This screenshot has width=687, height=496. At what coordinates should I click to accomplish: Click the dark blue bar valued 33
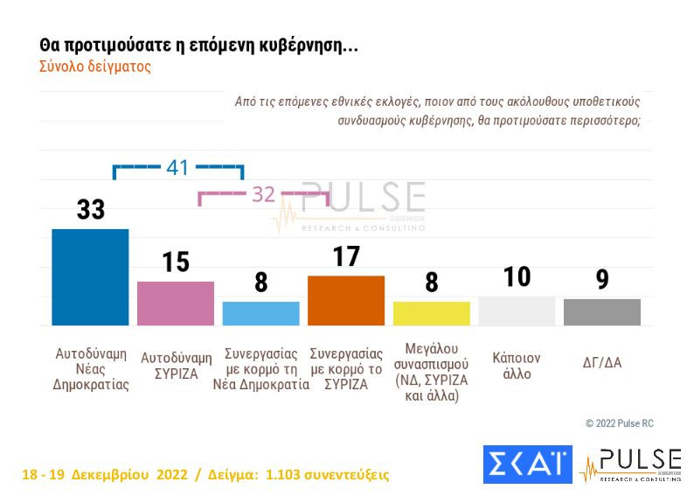pyautogui.click(x=90, y=276)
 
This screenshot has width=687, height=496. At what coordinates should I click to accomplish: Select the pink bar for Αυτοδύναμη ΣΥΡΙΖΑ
pyautogui.click(x=176, y=303)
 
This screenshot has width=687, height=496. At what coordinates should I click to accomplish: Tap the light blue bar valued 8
pyautogui.click(x=260, y=313)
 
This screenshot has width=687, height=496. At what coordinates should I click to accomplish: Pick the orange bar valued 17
pyautogui.click(x=346, y=300)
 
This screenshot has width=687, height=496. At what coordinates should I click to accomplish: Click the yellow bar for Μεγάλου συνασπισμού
pyautogui.click(x=431, y=313)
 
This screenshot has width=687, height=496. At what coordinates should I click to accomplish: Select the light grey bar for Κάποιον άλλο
pyautogui.click(x=517, y=311)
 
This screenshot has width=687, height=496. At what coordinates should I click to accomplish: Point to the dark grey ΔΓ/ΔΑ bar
pyautogui.click(x=601, y=312)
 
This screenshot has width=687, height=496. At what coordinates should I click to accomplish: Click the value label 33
pyautogui.click(x=90, y=209)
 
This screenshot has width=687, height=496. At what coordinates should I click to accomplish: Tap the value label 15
pyautogui.click(x=176, y=262)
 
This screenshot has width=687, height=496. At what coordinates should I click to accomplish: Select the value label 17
pyautogui.click(x=346, y=256)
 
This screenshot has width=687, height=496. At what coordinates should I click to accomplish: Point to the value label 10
pyautogui.click(x=517, y=276)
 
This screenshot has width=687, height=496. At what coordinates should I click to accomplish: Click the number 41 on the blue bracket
pyautogui.click(x=177, y=167)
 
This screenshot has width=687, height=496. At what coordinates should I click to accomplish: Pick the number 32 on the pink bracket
pyautogui.click(x=263, y=194)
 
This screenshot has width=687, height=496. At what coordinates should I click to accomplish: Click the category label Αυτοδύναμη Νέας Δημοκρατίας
pyautogui.click(x=91, y=369)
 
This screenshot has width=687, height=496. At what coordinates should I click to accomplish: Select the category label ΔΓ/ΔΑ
pyautogui.click(x=601, y=361)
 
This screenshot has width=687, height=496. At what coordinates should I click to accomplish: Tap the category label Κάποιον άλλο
pyautogui.click(x=517, y=366)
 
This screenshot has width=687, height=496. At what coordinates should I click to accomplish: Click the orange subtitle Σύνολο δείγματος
pyautogui.click(x=95, y=66)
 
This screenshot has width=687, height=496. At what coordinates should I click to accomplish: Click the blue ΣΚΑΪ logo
pyautogui.click(x=527, y=465)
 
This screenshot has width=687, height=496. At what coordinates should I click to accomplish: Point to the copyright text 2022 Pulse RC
pyautogui.click(x=620, y=423)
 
